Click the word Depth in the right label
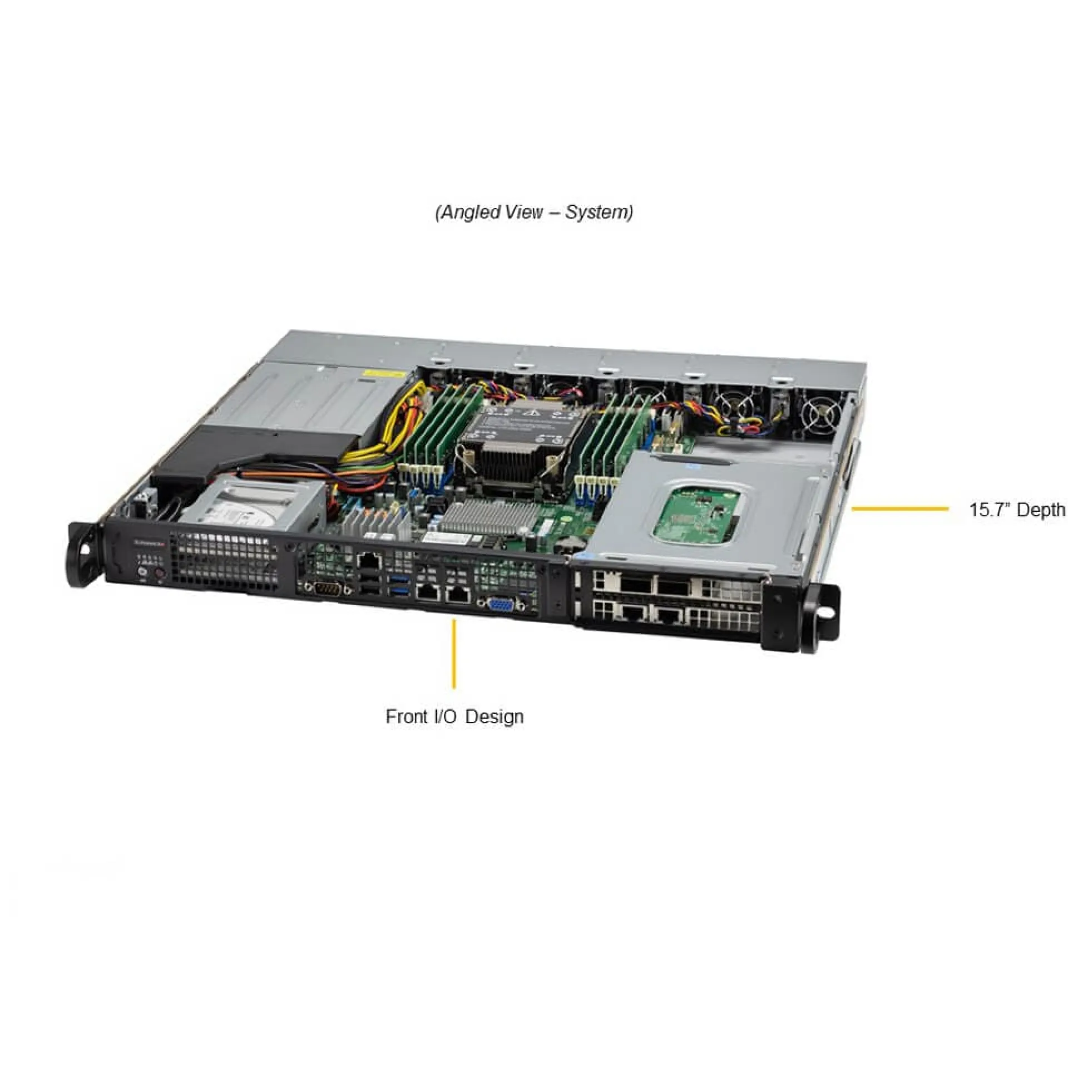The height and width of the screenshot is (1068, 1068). (x=1042, y=510)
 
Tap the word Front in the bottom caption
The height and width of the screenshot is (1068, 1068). (x=406, y=716)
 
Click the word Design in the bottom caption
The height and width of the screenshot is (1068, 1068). (x=495, y=716)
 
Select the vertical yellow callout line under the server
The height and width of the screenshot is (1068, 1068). (x=454, y=654)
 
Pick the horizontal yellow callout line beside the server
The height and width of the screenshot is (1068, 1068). (x=899, y=508)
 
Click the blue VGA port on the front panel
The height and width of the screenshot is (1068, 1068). (x=500, y=604)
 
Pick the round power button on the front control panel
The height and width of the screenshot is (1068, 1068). (x=142, y=571)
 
